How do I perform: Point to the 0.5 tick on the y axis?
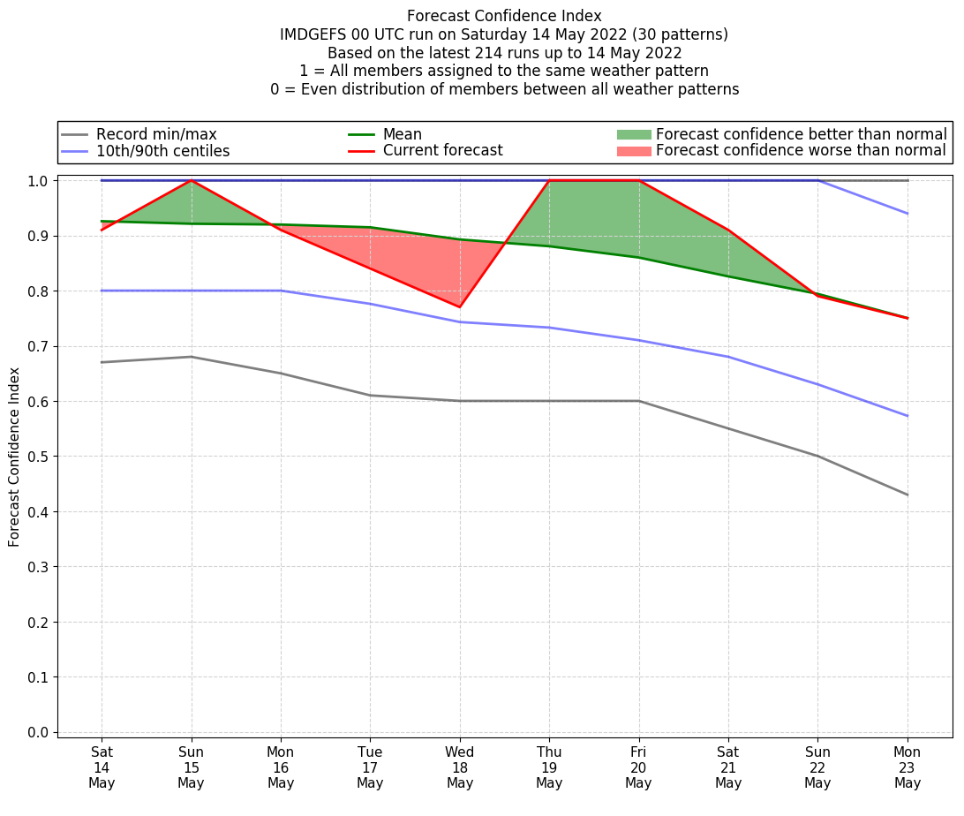point(40,457)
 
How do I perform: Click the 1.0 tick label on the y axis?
point(40,181)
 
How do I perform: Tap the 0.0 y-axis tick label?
point(40,732)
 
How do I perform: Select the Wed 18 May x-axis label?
point(460,767)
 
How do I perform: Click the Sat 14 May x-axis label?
point(102,767)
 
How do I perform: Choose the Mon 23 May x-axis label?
point(907,767)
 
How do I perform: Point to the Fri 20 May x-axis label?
point(638,767)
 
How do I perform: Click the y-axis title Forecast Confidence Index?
point(15,457)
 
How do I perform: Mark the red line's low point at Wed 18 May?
point(460,307)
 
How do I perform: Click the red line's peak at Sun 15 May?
point(191,181)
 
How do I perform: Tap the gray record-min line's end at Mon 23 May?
point(907,495)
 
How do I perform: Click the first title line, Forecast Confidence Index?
point(504,16)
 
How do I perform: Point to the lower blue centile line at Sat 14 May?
point(102,291)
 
